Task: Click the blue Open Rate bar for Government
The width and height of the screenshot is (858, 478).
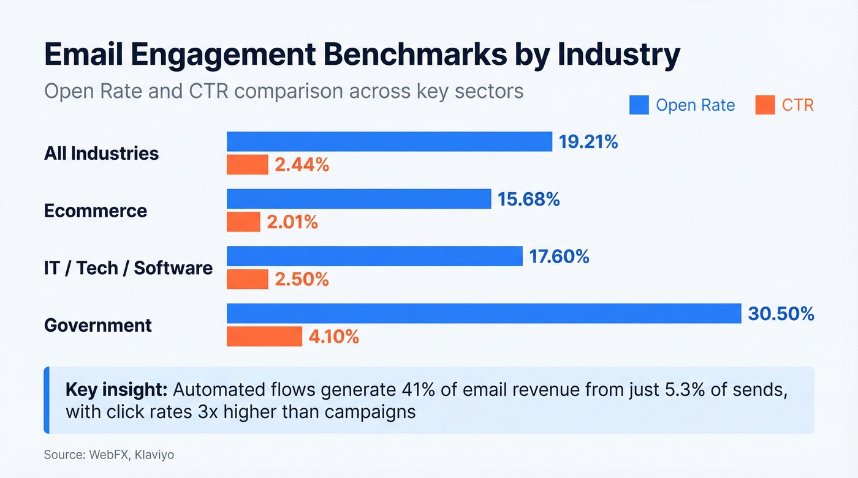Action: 484,313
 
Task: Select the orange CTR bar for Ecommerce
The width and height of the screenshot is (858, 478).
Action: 243,222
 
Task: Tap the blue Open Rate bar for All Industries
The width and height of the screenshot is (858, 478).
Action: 390,141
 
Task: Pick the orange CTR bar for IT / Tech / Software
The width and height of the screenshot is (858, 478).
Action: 248,279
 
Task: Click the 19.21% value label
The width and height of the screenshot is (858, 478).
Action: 588,142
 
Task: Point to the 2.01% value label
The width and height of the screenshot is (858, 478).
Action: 292,222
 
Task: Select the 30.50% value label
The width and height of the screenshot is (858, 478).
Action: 781,314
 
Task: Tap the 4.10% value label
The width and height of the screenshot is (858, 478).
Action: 333,337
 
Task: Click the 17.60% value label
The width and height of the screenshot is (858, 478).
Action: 559,256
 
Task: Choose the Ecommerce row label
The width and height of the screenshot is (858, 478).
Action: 96,211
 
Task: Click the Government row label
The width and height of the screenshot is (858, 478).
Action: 98,325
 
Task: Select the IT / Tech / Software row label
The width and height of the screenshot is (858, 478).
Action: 128,268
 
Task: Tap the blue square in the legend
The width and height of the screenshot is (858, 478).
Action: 639,105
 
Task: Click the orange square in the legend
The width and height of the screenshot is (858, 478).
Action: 765,105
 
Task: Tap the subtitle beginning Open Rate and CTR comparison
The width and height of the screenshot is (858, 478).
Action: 284,91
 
